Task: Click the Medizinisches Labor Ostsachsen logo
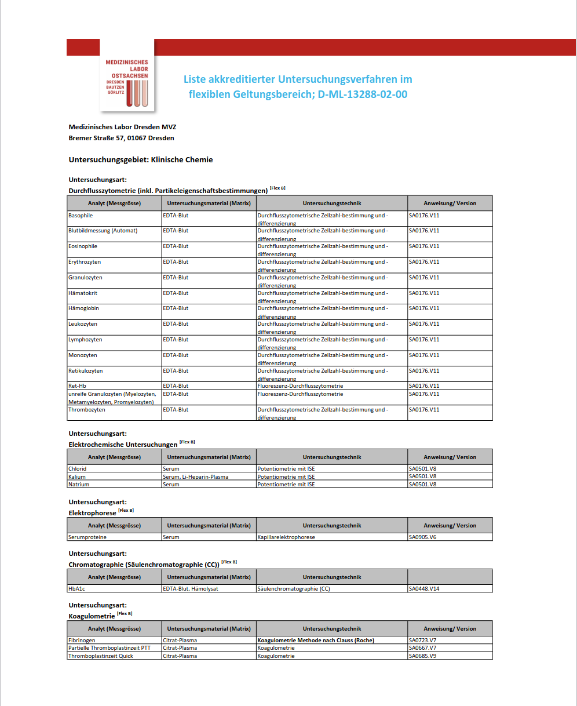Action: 127,75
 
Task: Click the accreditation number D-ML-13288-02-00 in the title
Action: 361,94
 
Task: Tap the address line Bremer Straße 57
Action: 121,138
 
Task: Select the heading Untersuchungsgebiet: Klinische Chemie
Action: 141,159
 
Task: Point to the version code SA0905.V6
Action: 423,537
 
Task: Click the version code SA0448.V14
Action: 424,589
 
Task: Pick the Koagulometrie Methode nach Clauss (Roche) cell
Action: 316,641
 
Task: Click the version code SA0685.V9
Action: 423,656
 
